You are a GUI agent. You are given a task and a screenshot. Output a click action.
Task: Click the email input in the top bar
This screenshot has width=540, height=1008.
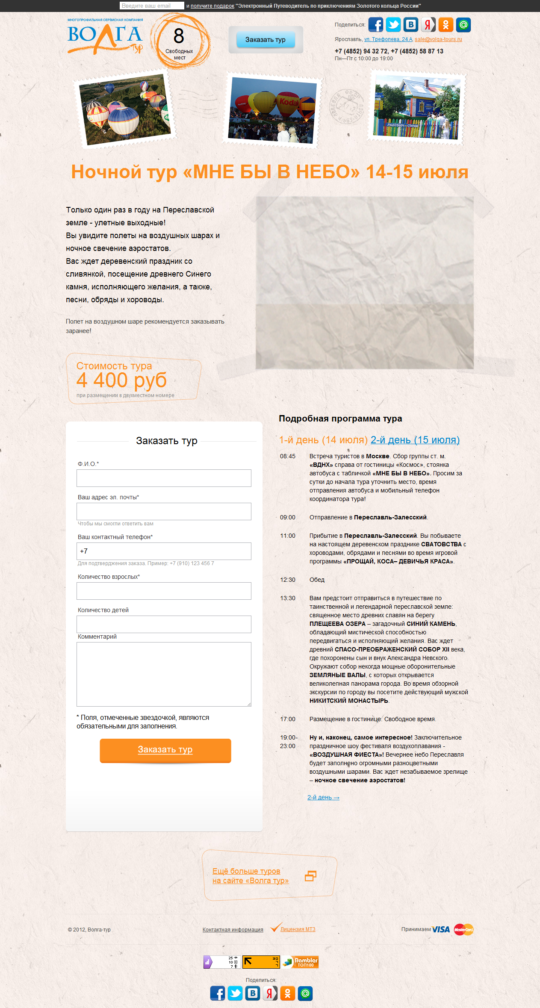coord(152,6)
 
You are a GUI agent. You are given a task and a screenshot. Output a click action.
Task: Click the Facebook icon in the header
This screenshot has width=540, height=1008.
coord(376,25)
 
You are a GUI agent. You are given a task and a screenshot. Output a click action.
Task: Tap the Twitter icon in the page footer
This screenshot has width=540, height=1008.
coord(235,993)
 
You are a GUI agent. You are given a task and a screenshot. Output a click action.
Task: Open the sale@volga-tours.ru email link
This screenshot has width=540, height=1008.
coord(438,39)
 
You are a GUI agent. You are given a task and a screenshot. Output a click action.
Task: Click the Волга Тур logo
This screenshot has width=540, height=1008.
coord(105,37)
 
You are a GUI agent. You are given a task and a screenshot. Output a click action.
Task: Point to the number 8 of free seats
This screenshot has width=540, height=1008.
coord(179,36)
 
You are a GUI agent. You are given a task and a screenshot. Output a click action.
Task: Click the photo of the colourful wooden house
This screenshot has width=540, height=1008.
coord(417,108)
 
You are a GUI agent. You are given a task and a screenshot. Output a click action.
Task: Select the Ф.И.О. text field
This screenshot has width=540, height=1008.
coord(164,478)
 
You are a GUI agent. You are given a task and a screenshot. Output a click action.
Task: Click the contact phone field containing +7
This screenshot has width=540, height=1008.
coord(164,551)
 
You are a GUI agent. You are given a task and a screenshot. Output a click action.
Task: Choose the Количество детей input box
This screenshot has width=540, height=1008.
coord(164,624)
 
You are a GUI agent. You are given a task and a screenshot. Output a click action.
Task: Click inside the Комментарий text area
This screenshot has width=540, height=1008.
coord(164,674)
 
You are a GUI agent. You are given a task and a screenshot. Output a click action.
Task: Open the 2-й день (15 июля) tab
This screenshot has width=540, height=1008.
coord(415,440)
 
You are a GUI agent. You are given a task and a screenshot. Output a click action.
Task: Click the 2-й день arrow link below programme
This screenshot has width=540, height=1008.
coord(323,797)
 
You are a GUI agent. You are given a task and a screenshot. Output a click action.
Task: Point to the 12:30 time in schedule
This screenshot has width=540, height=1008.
coord(288,580)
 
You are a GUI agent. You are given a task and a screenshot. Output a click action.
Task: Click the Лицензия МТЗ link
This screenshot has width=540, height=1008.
coord(298,929)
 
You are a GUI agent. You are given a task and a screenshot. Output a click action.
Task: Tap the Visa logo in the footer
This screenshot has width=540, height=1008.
coord(441,929)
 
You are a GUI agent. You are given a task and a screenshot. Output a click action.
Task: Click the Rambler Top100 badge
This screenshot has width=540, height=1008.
coord(300,962)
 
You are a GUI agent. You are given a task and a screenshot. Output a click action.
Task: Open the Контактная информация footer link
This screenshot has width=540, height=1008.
coord(233,930)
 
